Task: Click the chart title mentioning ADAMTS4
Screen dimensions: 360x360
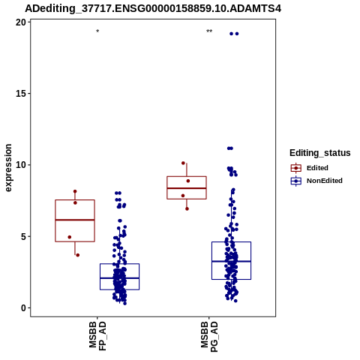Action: (153, 8)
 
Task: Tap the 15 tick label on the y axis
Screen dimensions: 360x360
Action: (21, 94)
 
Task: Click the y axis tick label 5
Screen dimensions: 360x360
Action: (23, 236)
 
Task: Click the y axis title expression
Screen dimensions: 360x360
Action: (8, 168)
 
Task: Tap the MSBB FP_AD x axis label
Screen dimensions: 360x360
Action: (97, 336)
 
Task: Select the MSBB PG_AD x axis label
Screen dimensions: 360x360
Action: (209, 337)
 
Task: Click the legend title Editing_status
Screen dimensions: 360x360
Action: (320, 153)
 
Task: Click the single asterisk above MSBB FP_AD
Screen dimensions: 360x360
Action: (97, 31)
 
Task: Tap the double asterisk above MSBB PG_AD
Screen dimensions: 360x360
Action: (209, 31)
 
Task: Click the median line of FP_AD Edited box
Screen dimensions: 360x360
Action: (75, 220)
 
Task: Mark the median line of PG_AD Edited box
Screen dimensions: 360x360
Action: (187, 188)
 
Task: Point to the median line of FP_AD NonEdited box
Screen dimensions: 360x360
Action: (119, 278)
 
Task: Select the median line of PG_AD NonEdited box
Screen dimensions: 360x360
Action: (231, 261)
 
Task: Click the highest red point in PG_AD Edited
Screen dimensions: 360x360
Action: (183, 163)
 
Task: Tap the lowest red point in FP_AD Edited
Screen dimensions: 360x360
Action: (78, 255)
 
